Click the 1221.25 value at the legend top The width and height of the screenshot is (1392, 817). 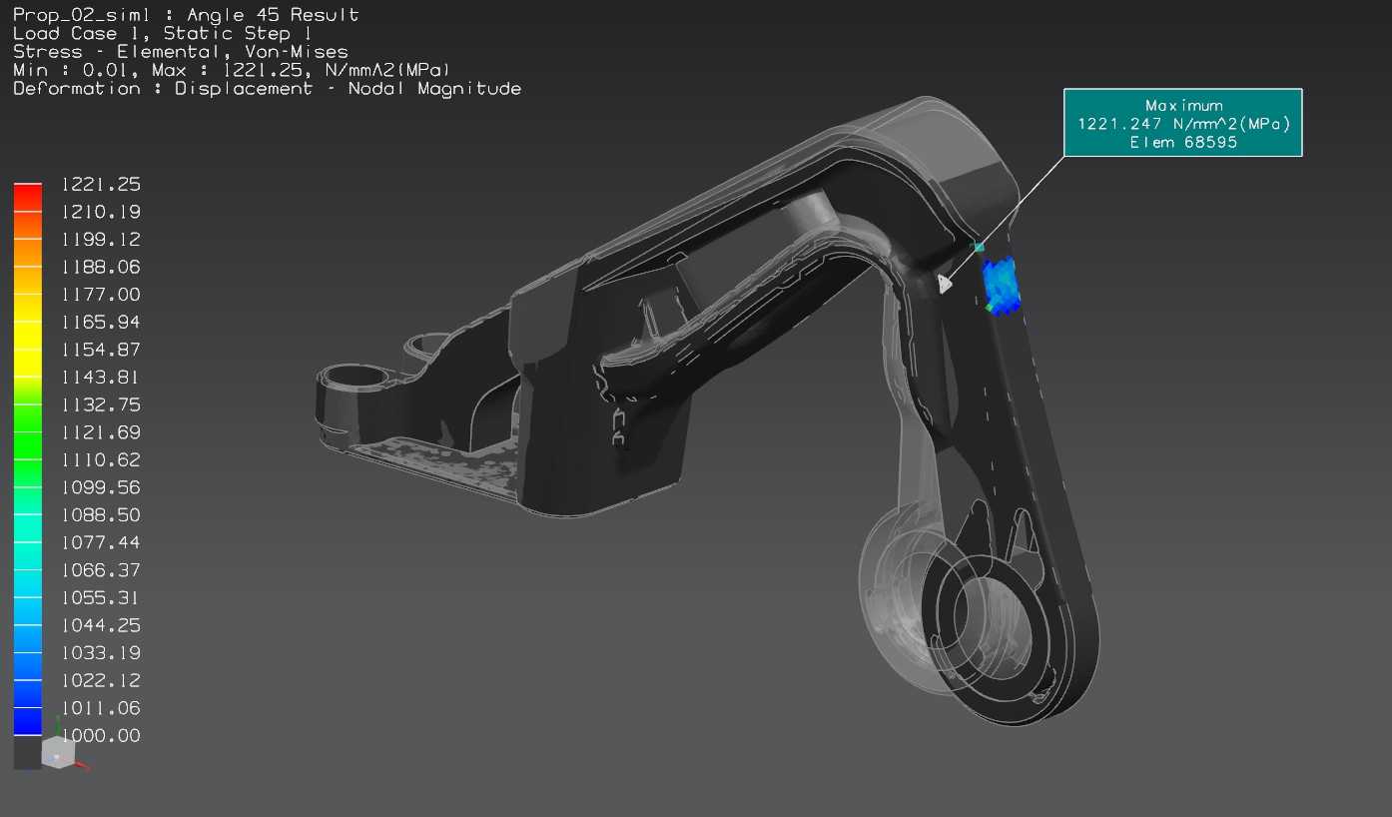point(101,184)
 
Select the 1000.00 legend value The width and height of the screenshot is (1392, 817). point(101,735)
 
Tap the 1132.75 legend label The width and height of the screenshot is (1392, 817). point(101,405)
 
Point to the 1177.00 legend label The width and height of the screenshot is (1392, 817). point(101,294)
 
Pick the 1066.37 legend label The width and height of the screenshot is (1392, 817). point(101,570)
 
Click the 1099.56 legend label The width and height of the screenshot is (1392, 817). point(101,487)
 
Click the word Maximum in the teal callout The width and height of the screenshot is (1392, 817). point(1184,106)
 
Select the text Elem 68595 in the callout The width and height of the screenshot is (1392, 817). point(1183,143)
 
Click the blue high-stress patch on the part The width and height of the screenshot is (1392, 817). point(1000,285)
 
